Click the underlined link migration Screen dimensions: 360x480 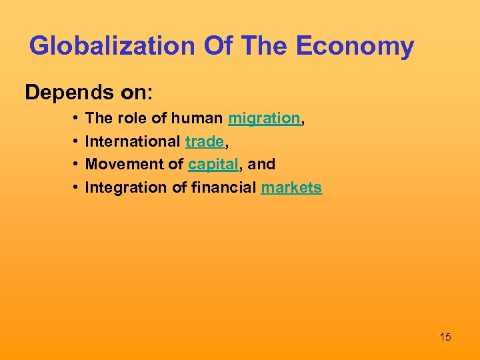[x=264, y=119]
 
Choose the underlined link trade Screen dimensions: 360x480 [x=204, y=141]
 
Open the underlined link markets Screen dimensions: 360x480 [x=291, y=187]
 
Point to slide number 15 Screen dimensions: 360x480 [x=445, y=337]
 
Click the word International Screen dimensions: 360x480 [x=133, y=141]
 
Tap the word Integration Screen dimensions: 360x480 [x=127, y=187]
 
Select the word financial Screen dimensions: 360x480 [x=224, y=187]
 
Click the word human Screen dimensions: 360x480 [x=197, y=119]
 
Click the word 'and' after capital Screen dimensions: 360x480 [x=261, y=164]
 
